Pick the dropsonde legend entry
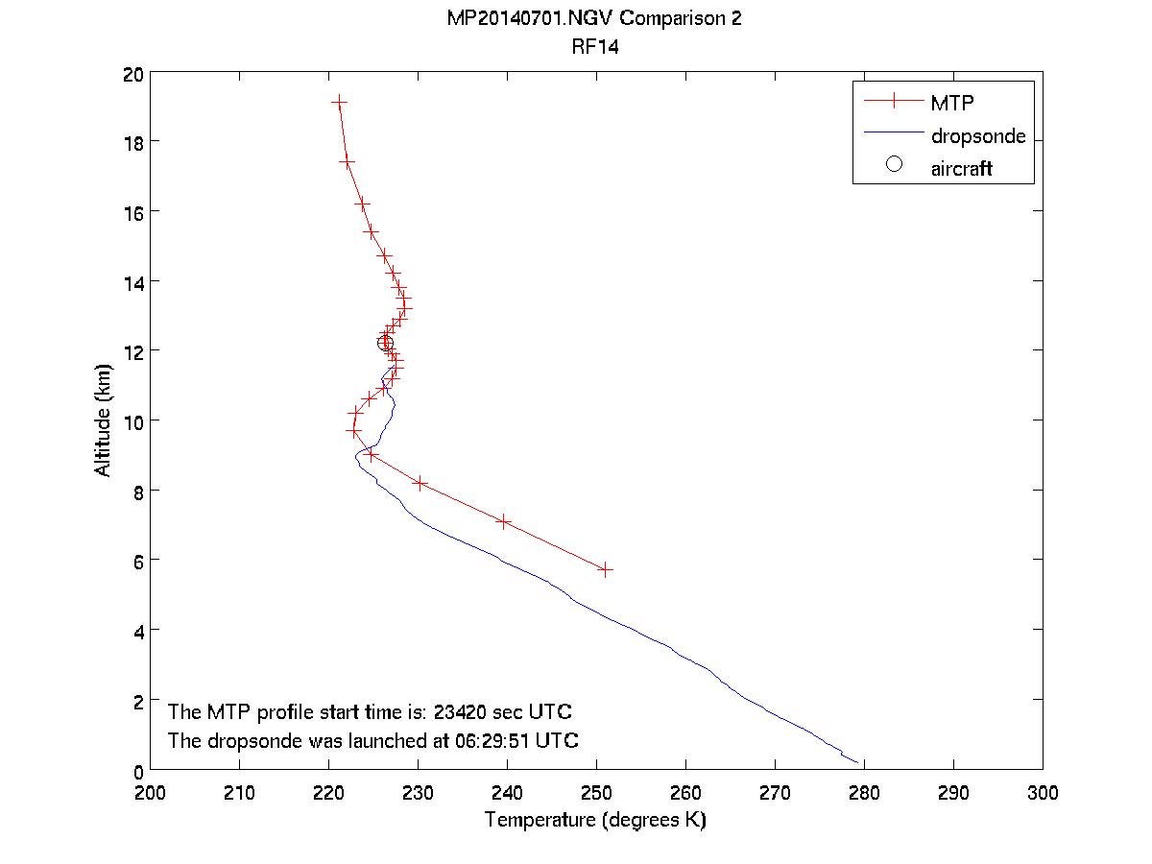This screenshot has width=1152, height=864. tap(977, 136)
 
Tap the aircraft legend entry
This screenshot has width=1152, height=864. tap(961, 169)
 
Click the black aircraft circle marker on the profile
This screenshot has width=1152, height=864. tap(385, 343)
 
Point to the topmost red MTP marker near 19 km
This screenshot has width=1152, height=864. tap(339, 101)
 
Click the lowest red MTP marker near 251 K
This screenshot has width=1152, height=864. tap(605, 569)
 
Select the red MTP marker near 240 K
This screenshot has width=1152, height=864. tap(503, 521)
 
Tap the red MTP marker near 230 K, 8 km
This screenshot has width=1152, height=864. tap(420, 482)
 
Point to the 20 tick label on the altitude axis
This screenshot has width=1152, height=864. tap(133, 75)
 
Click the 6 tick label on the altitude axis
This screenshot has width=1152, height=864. tap(138, 561)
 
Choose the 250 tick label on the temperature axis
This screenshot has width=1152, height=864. tap(596, 793)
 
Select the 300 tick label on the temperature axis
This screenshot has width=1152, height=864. tap(1042, 793)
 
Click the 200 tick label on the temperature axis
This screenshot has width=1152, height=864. tap(151, 793)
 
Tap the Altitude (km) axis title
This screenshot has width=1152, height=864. tap(103, 420)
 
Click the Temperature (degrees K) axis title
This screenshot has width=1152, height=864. tap(595, 821)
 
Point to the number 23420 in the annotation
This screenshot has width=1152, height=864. tap(462, 712)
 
